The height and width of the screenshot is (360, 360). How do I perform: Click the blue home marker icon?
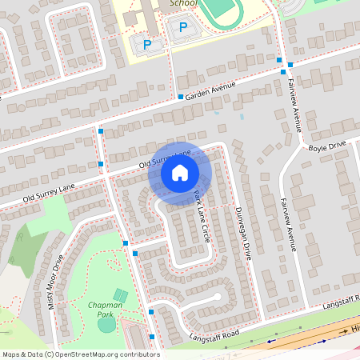coord(179,172)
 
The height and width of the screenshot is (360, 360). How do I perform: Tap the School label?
coord(183,3)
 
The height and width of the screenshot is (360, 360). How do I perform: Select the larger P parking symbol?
coord(183,28)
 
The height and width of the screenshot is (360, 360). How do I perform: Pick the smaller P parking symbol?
coord(146,45)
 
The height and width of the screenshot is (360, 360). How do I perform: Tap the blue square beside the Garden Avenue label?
coord(182,97)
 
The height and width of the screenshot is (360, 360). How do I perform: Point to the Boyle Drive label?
coord(327,145)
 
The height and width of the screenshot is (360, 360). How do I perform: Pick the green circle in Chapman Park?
coord(106,326)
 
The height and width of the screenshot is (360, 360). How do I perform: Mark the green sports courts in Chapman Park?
coord(119,296)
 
